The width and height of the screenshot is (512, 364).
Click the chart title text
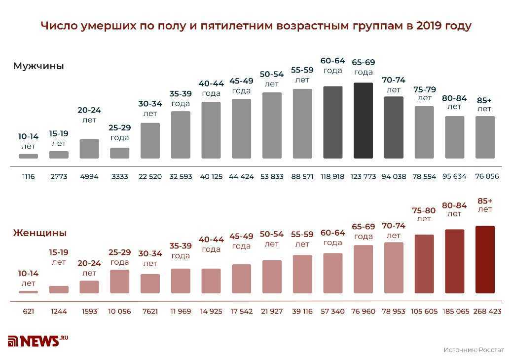pyautogui.click(x=256, y=26)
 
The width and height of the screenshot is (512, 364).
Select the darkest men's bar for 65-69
pyautogui.click(x=363, y=121)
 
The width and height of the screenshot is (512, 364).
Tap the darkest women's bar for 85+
pyautogui.click(x=485, y=260)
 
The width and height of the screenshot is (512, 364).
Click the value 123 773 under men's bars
pyautogui.click(x=363, y=176)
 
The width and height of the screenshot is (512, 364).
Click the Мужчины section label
pyautogui.click(x=38, y=66)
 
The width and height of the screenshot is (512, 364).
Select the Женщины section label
pyautogui.click(x=39, y=233)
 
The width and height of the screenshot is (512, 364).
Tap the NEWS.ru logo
pyautogui.click(x=37, y=340)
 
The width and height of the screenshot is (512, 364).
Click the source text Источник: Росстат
pyautogui.click(x=474, y=350)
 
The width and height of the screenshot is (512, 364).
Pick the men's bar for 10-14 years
pyautogui.click(x=28, y=156)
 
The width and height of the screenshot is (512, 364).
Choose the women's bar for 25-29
pyautogui.click(x=119, y=282)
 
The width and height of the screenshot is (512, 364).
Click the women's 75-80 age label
pyautogui.click(x=424, y=214)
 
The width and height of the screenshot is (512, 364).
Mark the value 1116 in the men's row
pyautogui.click(x=28, y=176)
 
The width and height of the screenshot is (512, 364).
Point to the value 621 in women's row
pyautogui.click(x=28, y=312)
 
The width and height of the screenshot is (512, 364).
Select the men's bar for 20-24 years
pyautogui.click(x=89, y=149)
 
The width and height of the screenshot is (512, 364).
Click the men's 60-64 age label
pyautogui.click(x=333, y=65)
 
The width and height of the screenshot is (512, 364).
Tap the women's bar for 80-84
pyautogui.click(x=454, y=261)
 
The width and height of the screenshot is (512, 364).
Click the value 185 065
pyautogui.click(x=455, y=312)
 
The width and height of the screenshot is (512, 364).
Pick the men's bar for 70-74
pyautogui.click(x=394, y=127)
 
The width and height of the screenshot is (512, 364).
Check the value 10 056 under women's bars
pyautogui.click(x=119, y=312)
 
